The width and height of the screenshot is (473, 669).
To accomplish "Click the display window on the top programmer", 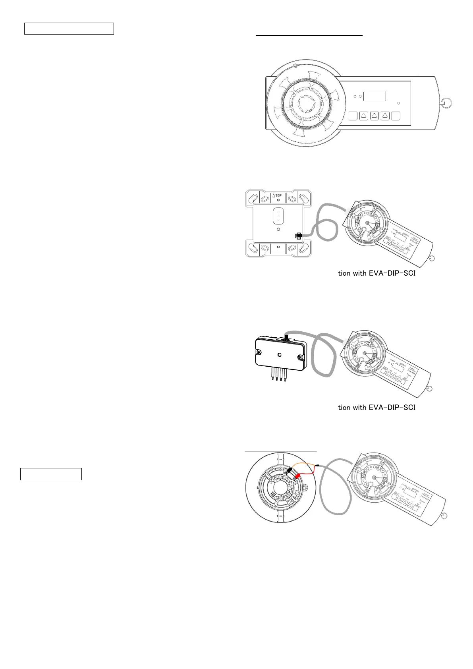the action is [x=375, y=97].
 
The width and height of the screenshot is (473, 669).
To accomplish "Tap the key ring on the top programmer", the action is [x=447, y=104].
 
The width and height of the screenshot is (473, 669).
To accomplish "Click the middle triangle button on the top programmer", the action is [x=375, y=116].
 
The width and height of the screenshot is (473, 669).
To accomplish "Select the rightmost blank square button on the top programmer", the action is [x=396, y=116].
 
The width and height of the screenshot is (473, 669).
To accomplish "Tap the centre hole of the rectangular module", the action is [x=280, y=354].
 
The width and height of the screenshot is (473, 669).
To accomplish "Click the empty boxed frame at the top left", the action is [x=69, y=29].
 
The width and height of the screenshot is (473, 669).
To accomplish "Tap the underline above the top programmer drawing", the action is [x=309, y=35].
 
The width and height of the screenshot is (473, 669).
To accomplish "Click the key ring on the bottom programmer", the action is [x=445, y=516].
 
